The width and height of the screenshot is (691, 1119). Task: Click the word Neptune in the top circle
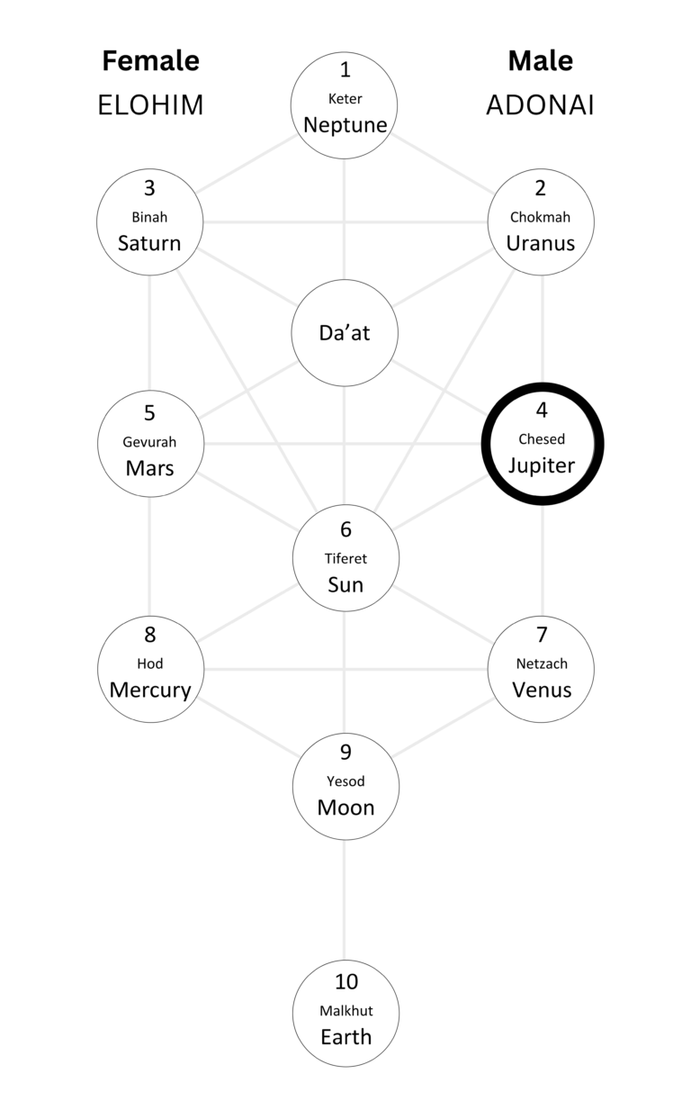(345, 125)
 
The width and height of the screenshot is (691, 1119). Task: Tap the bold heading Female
(150, 61)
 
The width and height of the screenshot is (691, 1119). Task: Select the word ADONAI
(540, 105)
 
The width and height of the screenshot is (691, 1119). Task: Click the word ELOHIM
(150, 105)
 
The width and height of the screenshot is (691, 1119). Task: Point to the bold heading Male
(540, 61)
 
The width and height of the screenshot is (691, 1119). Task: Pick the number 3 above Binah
(149, 188)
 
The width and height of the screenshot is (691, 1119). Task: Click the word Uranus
(540, 243)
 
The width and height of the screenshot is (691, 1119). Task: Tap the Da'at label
(345, 332)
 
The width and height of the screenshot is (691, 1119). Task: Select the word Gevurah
(149, 443)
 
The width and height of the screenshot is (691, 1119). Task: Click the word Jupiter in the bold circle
(541, 465)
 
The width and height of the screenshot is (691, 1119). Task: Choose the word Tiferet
(345, 559)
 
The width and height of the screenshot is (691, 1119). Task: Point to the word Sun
(345, 585)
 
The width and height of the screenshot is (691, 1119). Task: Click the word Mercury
(150, 690)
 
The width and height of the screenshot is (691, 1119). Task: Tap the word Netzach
(541, 664)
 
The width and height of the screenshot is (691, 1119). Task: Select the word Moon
(345, 808)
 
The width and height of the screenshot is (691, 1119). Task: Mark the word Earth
(345, 1037)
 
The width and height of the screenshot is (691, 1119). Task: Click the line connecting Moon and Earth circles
(345, 900)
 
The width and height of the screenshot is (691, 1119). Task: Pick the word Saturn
(149, 243)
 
